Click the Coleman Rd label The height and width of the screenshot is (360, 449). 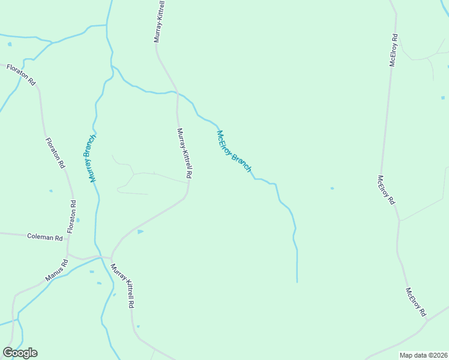(x=45, y=237)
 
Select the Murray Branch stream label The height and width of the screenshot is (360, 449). (x=89, y=158)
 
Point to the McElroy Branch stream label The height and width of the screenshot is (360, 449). (x=234, y=151)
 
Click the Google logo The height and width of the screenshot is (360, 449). (x=20, y=352)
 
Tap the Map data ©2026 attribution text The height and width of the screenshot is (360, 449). (x=423, y=355)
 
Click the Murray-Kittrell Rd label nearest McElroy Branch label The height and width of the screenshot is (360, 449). (x=184, y=153)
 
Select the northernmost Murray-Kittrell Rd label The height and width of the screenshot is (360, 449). (x=160, y=21)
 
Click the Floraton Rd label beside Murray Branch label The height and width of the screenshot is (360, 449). (x=55, y=153)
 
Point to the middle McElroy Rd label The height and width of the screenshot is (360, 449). (x=386, y=190)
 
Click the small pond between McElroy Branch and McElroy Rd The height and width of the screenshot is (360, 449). (x=332, y=188)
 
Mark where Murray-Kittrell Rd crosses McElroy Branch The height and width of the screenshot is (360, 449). (x=177, y=92)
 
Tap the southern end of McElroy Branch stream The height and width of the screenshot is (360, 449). (x=297, y=281)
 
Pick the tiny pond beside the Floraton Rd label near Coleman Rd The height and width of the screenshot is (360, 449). (x=78, y=220)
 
